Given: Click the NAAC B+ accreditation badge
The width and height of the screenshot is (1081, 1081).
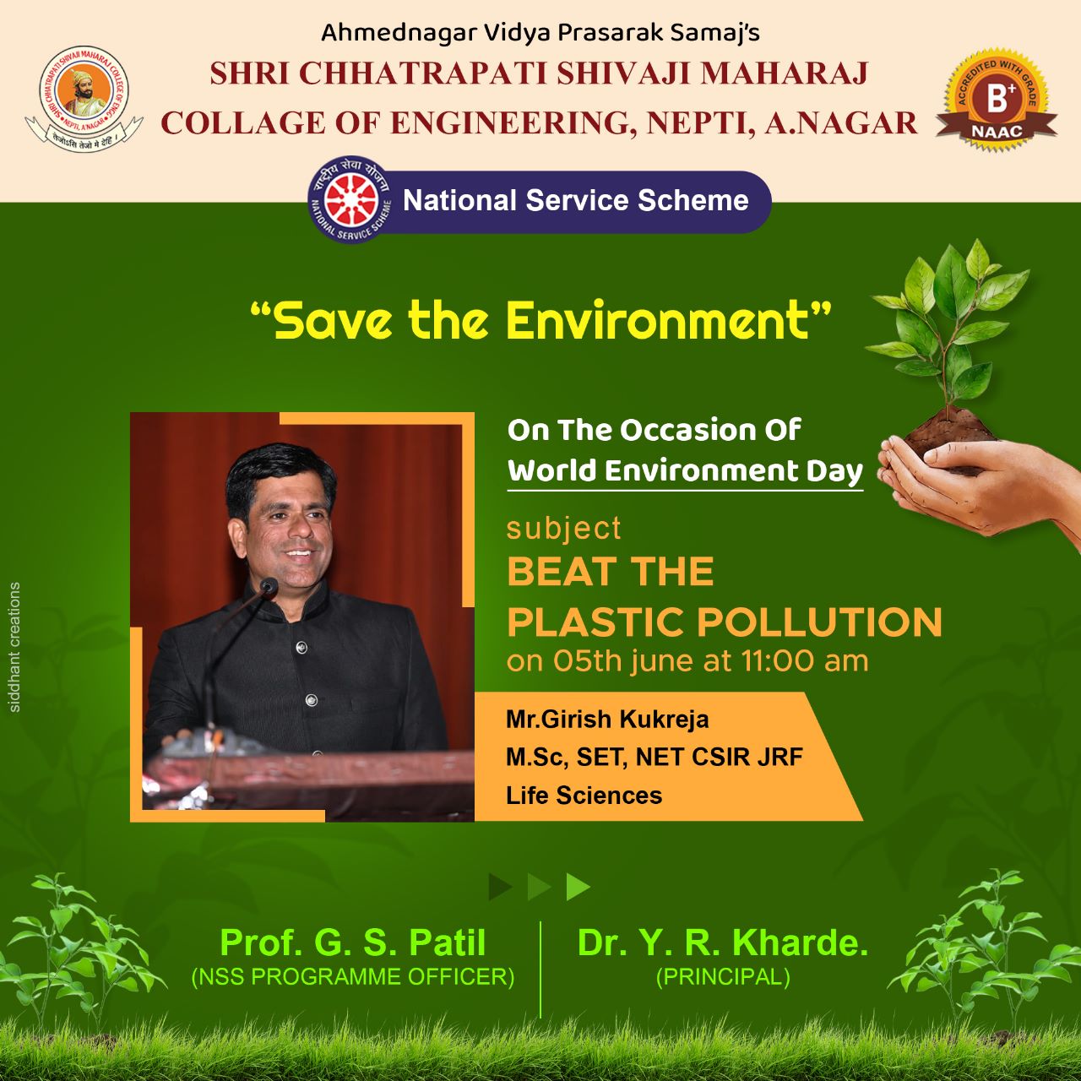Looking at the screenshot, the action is pyautogui.click(x=997, y=102).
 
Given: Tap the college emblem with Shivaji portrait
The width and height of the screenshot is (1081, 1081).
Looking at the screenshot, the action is pyautogui.click(x=84, y=99).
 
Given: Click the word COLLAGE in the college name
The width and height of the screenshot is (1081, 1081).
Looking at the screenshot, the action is pyautogui.click(x=243, y=123).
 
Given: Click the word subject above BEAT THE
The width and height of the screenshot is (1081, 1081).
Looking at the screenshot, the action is pyautogui.click(x=564, y=529).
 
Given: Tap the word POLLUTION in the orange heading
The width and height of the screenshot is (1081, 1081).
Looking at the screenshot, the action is pyautogui.click(x=819, y=622).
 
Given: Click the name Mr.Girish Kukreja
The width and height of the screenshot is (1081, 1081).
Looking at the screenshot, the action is pyautogui.click(x=607, y=720).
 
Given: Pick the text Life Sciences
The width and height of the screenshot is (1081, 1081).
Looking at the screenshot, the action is pyautogui.click(x=584, y=796).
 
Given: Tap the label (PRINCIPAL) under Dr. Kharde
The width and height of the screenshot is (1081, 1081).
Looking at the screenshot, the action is pyautogui.click(x=723, y=976).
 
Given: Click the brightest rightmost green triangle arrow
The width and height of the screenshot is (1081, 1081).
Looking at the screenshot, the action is pyautogui.click(x=578, y=887).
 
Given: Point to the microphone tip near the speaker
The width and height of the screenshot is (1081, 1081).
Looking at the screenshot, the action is pyautogui.click(x=269, y=586).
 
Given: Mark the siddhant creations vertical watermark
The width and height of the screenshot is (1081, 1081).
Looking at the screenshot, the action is pyautogui.click(x=15, y=648).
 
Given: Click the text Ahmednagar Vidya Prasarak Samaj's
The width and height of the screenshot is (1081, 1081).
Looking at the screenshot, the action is pyautogui.click(x=540, y=33).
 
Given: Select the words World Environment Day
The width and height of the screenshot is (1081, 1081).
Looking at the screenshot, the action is pyautogui.click(x=685, y=470).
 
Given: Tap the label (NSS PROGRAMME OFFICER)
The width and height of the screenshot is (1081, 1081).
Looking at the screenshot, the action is pyautogui.click(x=353, y=976).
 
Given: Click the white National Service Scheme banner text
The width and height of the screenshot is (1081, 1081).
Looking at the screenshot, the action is pyautogui.click(x=576, y=200).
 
